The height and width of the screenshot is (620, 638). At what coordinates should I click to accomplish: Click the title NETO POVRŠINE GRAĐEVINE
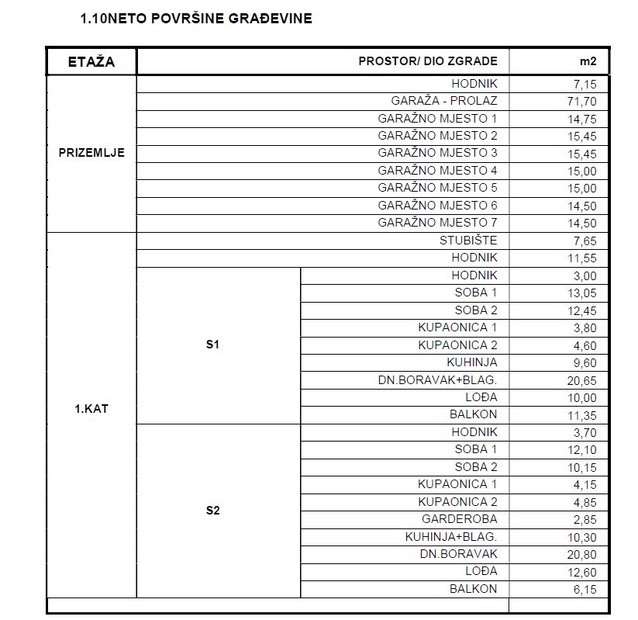point(196,18)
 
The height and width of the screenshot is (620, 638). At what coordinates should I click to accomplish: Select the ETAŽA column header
point(91,62)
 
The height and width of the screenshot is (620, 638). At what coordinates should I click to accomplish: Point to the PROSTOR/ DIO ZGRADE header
point(428,62)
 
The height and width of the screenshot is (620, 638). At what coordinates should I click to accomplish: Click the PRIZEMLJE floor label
point(91,153)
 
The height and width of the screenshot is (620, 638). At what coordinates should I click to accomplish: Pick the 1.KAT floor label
point(91,409)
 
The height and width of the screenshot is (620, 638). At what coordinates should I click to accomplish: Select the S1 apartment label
point(213,345)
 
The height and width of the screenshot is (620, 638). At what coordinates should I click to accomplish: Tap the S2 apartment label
point(213,511)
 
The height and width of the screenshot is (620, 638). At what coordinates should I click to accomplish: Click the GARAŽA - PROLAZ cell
point(444,101)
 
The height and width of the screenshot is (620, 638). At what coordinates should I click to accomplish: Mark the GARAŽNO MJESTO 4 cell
point(438,171)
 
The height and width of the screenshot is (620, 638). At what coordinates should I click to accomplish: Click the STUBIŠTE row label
point(468,241)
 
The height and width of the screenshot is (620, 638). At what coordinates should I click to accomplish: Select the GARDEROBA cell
point(460,519)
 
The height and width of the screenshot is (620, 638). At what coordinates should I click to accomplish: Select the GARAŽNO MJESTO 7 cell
point(438,223)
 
